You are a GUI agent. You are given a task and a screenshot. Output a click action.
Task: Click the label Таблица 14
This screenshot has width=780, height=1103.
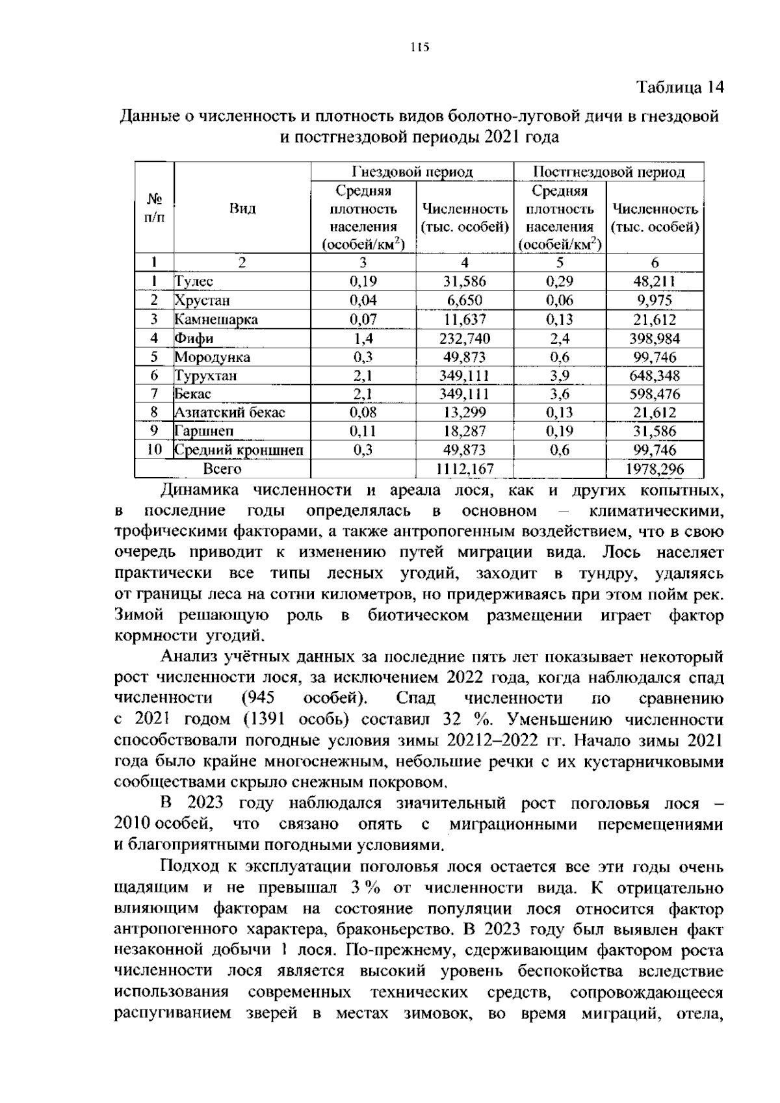[x=679, y=87]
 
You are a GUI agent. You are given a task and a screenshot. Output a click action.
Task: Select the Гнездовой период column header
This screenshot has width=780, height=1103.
[x=412, y=172]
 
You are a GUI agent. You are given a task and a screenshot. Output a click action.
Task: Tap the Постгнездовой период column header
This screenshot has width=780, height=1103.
[x=608, y=172]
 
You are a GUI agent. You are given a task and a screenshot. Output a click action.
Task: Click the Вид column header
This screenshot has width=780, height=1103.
[x=242, y=209]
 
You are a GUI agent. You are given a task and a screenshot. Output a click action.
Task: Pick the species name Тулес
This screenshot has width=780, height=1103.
[x=194, y=281]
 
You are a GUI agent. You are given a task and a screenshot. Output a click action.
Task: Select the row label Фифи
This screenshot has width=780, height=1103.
[x=194, y=338]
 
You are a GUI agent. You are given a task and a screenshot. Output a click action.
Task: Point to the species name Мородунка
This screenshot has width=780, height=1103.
[x=212, y=357]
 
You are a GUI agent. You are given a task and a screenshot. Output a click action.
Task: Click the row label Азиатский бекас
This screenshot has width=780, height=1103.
[x=229, y=413]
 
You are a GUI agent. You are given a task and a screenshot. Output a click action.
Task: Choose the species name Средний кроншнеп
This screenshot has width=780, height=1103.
[x=239, y=450]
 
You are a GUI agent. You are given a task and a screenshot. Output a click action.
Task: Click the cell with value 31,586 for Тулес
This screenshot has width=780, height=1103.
[x=464, y=281]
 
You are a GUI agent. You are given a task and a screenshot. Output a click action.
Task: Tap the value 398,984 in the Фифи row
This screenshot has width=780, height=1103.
[x=655, y=338]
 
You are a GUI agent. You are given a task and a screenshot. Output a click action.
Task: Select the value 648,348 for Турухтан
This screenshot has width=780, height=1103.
[x=655, y=376]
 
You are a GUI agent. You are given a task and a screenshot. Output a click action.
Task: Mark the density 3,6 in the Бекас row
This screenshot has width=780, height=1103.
[x=560, y=394]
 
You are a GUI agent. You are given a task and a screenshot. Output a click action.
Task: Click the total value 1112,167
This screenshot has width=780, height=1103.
[x=464, y=469]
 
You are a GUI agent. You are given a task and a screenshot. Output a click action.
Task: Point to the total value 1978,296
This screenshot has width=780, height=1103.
[x=655, y=469]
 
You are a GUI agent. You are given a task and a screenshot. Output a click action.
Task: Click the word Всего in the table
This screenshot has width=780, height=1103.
[x=222, y=469]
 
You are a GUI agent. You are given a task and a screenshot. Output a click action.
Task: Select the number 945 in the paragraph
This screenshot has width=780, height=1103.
[x=258, y=699]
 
